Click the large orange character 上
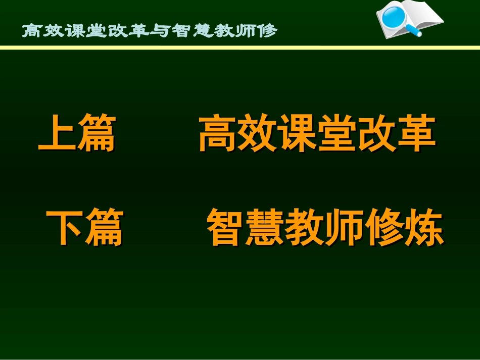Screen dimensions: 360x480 point(58,134)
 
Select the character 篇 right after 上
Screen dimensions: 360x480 point(96,134)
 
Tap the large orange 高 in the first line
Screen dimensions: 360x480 point(218,134)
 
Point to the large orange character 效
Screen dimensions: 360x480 point(257,134)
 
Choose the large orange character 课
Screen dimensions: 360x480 point(297,134)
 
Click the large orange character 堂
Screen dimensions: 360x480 point(336,134)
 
